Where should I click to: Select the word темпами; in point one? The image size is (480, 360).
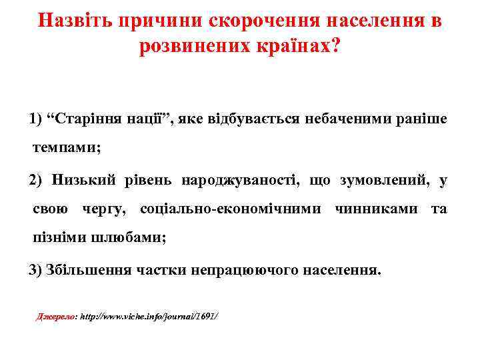67,148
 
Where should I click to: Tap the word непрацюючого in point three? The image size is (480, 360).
245,270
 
